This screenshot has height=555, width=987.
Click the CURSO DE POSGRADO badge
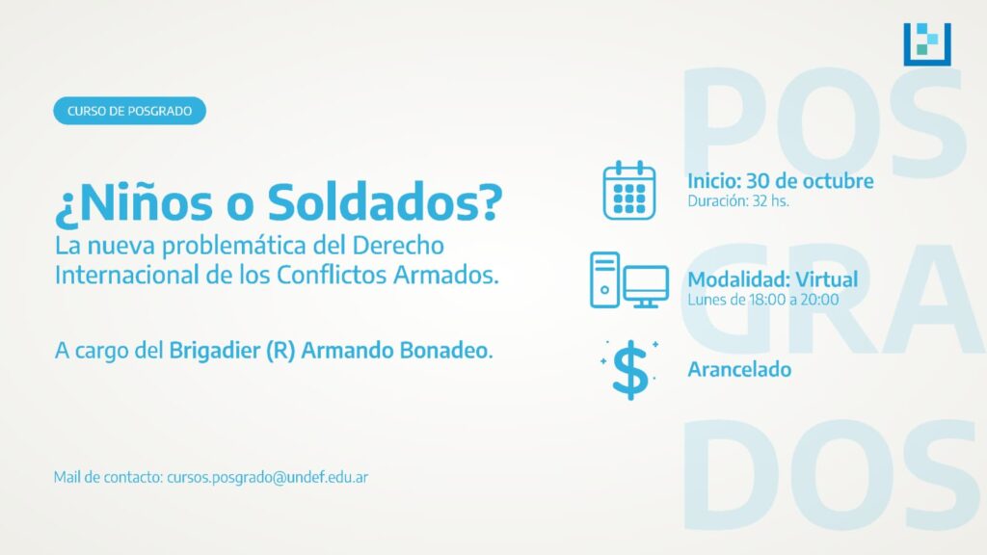(130, 111)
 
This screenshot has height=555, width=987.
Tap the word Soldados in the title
(385, 202)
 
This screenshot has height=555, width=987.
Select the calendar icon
(628, 190)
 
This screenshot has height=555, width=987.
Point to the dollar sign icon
(630, 370)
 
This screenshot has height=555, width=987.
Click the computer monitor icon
(646, 286)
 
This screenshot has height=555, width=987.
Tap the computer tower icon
(605, 280)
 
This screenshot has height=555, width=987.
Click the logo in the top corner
(927, 44)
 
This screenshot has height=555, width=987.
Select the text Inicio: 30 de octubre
(780, 181)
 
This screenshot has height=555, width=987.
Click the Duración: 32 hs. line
(737, 201)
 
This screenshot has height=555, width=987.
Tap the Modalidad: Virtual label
(772, 279)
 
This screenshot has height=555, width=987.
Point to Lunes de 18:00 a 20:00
(763, 300)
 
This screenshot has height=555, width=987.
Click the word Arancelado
(739, 369)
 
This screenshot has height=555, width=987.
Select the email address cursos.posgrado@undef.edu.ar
(268, 478)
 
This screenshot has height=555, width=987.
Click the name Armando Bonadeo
(396, 351)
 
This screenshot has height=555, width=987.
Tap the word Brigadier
(215, 351)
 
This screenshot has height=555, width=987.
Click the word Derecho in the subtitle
(398, 246)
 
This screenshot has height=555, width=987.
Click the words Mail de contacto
(108, 477)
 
